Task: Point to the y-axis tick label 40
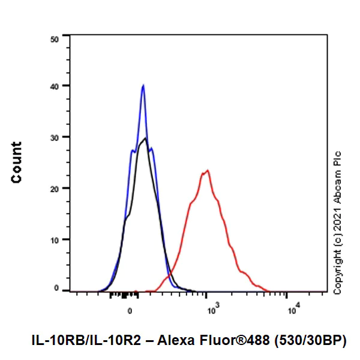(55, 86)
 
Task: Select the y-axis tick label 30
(55, 137)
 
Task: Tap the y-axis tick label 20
(55, 188)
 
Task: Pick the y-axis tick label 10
(55, 239)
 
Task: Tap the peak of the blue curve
(143, 85)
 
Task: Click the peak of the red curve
(207, 170)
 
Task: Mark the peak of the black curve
(145, 139)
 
